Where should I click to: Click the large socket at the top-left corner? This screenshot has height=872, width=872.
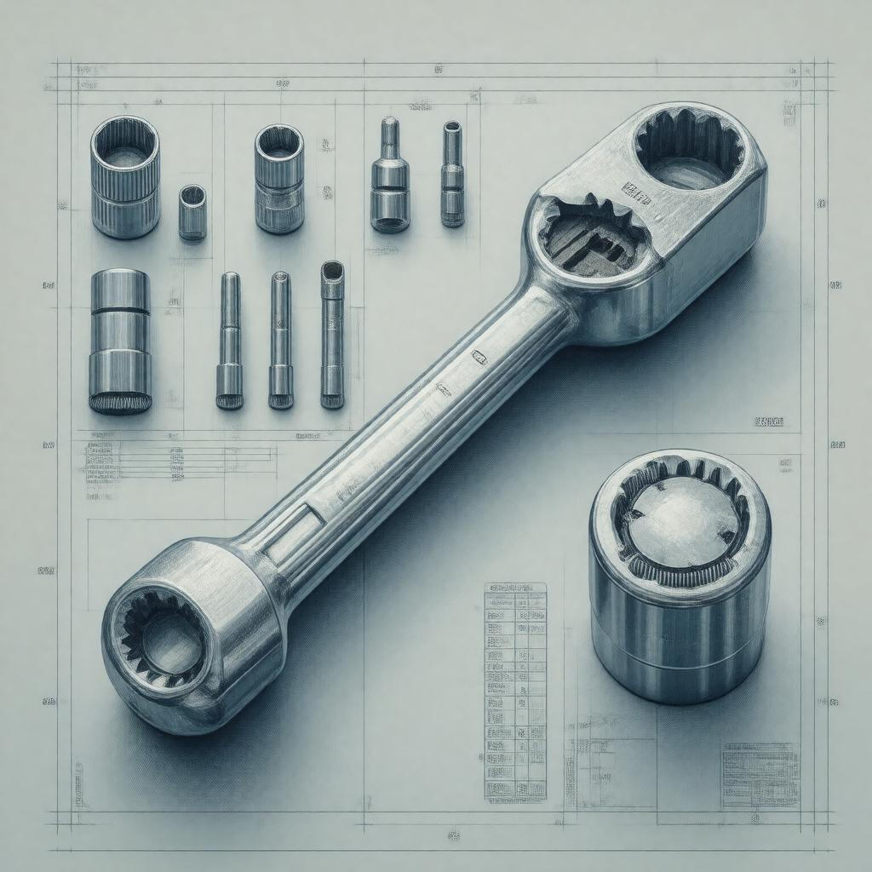(124, 177)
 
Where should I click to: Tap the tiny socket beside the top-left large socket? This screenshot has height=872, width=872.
(192, 213)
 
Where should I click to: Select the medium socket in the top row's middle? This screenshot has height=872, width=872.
(279, 179)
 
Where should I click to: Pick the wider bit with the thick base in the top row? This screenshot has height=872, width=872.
(389, 176)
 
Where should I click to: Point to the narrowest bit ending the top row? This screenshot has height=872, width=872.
(452, 175)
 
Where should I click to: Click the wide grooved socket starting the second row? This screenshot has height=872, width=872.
(120, 341)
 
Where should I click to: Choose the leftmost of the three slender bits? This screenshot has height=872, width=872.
(229, 341)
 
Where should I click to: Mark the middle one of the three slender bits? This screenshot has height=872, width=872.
(281, 341)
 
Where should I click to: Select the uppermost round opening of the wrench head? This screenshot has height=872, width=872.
(688, 149)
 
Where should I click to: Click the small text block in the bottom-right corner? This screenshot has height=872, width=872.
(760, 774)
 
